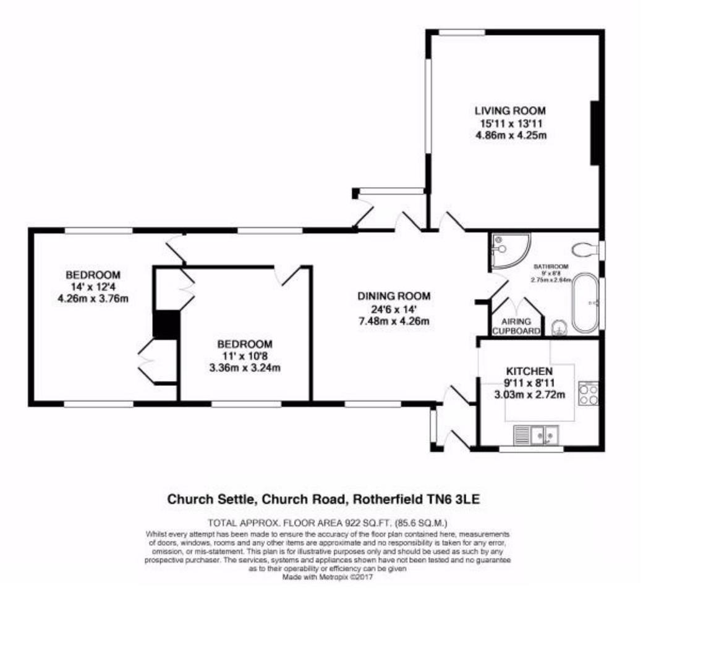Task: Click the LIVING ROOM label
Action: pos(510,111)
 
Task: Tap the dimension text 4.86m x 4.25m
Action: pos(511,135)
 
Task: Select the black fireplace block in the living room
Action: pos(595,133)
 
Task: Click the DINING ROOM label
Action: pos(393,296)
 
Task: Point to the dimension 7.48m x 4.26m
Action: pos(393,321)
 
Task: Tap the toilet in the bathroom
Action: pos(584,250)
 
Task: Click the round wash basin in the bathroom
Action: pos(558,327)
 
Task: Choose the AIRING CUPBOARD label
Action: pos(516,326)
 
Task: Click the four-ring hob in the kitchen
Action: pos(587,394)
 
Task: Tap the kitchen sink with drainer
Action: pos(537,435)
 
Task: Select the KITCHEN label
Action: pos(529,371)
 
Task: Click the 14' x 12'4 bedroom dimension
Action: pos(93,287)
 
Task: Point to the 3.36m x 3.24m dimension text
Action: pos(244,369)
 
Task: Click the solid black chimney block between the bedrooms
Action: pos(165,324)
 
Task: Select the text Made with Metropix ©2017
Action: pos(328,578)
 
